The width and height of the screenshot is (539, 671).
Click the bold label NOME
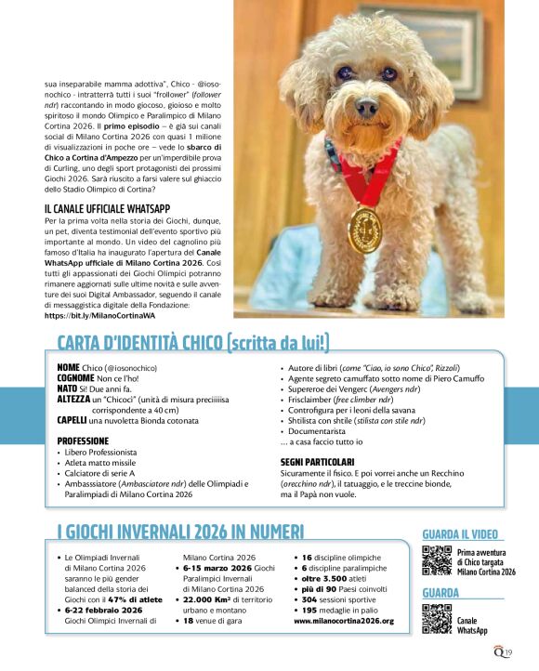[69, 368]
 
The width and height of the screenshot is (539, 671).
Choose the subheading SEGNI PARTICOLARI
[317, 461]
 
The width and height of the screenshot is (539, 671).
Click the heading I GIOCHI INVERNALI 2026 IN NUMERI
[180, 532]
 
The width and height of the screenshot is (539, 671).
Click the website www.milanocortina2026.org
[343, 620]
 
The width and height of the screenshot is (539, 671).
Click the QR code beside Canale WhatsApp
[437, 619]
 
